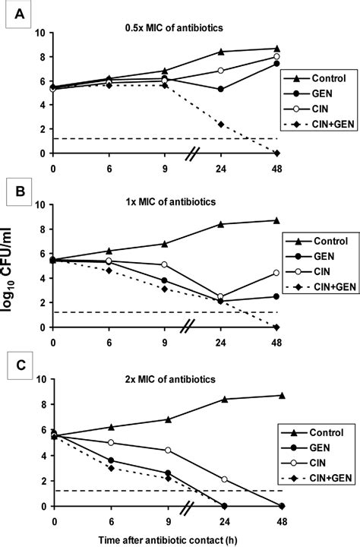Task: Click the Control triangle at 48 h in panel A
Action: coord(277,49)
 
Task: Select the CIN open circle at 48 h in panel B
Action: coord(277,273)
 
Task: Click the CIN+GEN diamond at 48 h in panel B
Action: coord(277,327)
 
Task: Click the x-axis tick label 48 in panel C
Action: coord(278,518)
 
